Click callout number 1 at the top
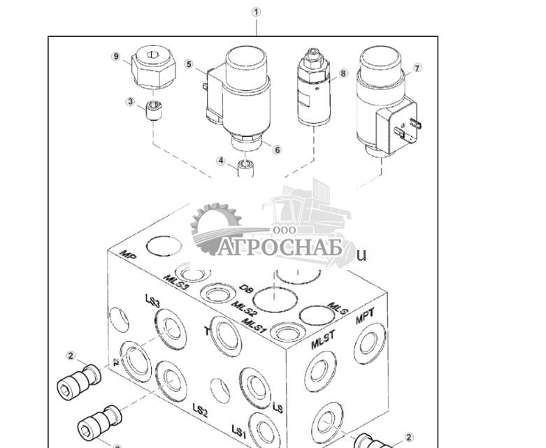(x=256, y=12)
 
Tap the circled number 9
(x=116, y=57)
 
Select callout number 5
(x=189, y=64)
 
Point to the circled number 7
(x=417, y=68)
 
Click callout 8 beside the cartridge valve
(x=343, y=73)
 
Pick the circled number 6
(x=277, y=149)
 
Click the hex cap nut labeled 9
(x=152, y=67)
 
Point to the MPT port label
(x=365, y=319)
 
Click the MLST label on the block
(x=323, y=338)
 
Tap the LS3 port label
(x=152, y=302)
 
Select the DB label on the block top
(x=245, y=288)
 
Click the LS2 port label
(x=200, y=410)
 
